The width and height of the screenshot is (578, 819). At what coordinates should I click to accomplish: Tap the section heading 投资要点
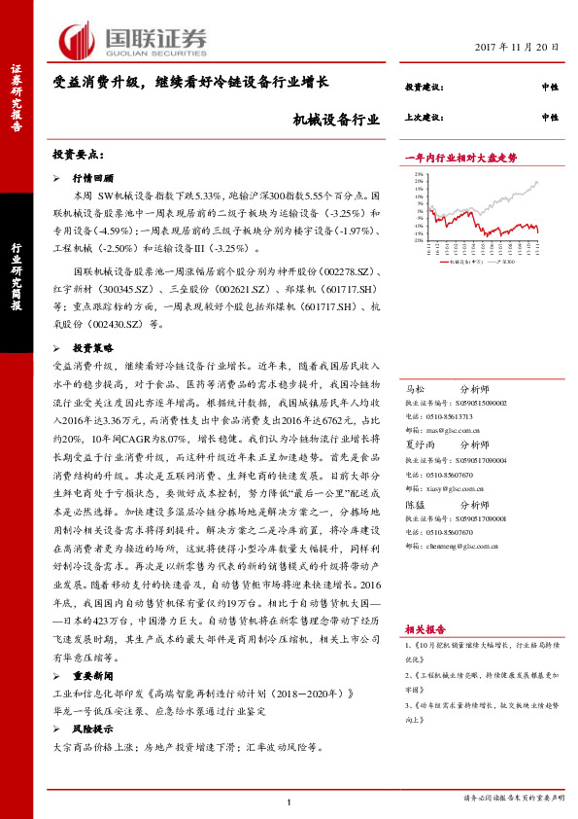78,155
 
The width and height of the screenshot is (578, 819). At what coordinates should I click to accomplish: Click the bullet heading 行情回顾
93,179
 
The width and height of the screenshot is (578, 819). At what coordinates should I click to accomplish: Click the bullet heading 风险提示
93,729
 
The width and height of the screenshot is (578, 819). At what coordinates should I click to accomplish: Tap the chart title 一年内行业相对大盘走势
459,157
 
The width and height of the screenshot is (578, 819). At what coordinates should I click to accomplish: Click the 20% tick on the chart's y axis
418,181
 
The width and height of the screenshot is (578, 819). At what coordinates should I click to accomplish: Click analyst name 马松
414,386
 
